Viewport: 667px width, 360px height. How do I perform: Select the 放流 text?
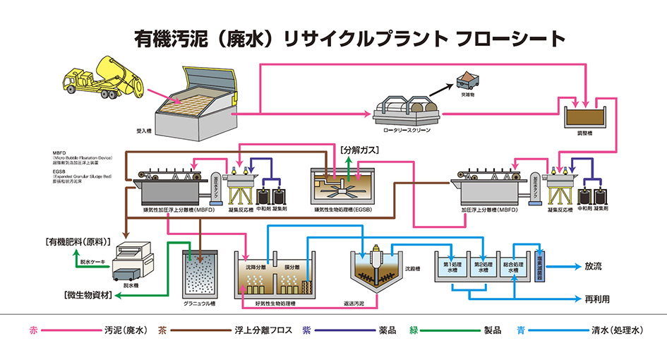click(x=594, y=267)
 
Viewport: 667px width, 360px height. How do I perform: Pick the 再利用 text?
click(x=597, y=299)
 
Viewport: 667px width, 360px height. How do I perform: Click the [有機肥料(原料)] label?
click(x=78, y=241)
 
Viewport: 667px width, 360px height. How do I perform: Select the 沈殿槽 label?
click(x=413, y=269)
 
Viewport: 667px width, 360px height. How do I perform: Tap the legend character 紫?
click(x=306, y=330)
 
